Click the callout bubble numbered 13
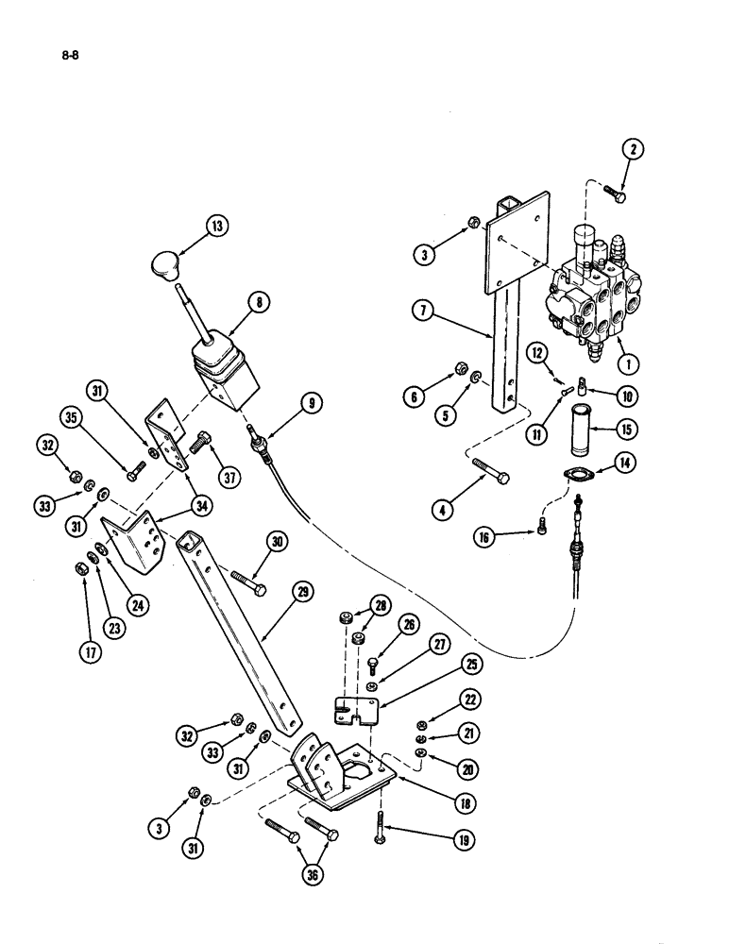point(220,226)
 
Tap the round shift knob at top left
point(169,265)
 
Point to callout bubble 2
point(633,148)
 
